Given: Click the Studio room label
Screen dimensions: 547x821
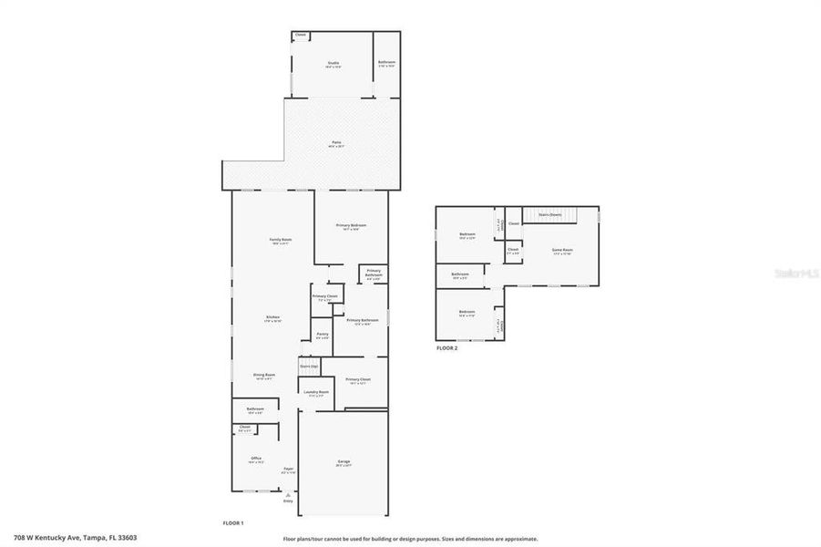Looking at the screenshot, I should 334,63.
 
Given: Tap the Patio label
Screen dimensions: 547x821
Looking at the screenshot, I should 336,142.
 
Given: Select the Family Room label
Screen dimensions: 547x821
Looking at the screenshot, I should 280,240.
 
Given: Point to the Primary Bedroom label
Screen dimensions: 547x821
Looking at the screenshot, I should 351,225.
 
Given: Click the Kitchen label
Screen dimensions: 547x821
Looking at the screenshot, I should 273,316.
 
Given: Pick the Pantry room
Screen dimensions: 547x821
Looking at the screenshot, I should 323,335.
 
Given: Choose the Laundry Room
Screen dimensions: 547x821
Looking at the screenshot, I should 316,393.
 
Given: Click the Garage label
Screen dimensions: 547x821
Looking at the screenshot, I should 344,462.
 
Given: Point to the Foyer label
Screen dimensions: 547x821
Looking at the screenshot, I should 288,470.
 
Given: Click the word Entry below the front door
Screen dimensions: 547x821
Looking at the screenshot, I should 288,501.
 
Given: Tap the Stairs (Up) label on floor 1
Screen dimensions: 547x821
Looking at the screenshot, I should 309,366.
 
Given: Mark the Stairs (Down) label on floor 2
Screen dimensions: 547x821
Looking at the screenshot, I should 549,214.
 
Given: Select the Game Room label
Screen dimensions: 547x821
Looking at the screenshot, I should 562,250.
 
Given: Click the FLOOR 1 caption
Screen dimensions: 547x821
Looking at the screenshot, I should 233,522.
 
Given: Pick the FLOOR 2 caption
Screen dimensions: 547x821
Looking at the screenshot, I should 446,348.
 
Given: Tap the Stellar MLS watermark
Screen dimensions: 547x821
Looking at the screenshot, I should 796,272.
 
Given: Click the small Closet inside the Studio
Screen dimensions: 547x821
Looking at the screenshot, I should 300,36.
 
